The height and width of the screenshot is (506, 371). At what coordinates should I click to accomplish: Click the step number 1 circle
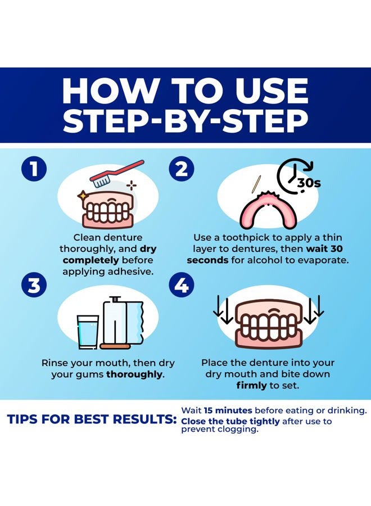point(34,169)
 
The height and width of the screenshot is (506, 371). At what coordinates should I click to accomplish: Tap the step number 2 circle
point(182,169)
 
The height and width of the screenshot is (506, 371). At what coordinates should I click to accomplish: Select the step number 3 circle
point(34,285)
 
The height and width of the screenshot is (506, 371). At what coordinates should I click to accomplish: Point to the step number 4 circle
point(182,285)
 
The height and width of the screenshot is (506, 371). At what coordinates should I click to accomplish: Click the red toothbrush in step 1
point(116,174)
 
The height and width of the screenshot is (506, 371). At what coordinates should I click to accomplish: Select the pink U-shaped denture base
point(267,210)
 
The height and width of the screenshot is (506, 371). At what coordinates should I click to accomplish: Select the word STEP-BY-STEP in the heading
point(185,121)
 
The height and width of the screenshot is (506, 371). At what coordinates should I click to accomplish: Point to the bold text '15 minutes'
point(228,410)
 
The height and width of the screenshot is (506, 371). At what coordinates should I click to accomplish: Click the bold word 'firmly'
point(251,385)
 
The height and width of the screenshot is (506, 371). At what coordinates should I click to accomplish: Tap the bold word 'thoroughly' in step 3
point(134,374)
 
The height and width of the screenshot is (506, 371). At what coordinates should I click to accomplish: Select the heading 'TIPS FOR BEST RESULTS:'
point(92,419)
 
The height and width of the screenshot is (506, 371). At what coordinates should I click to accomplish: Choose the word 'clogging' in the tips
point(238,430)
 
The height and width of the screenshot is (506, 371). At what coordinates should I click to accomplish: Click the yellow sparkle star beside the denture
point(82,195)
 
